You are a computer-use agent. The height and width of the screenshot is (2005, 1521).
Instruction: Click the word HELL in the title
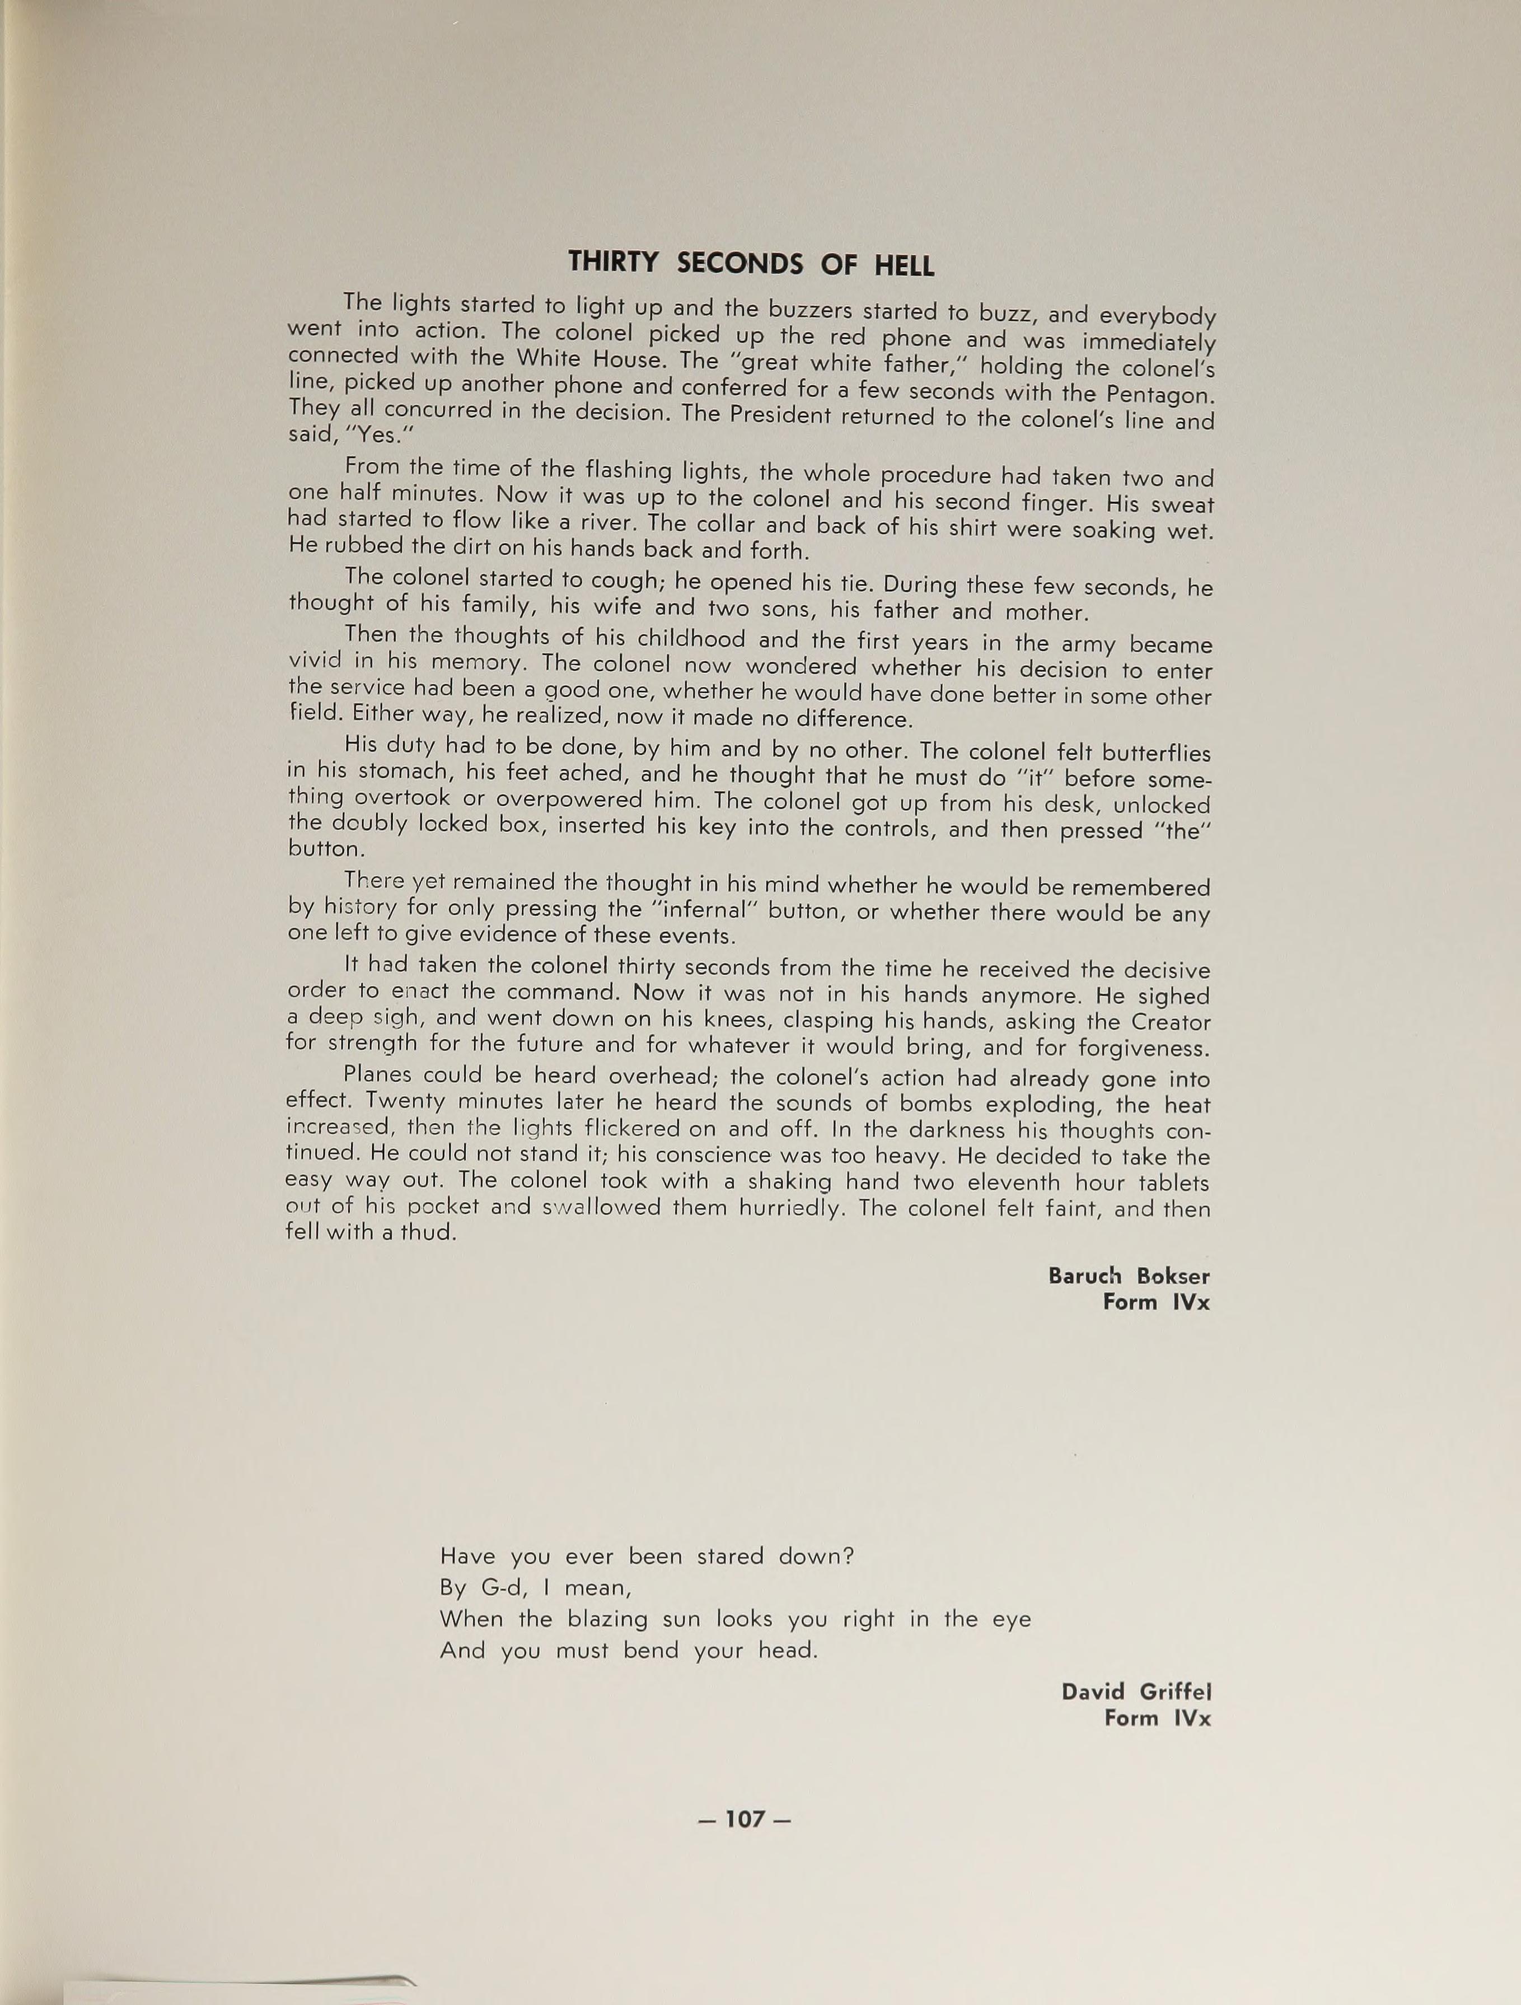tap(904, 265)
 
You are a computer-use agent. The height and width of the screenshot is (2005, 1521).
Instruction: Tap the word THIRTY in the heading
tap(614, 262)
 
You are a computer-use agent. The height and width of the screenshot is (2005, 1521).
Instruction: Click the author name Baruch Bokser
tap(1129, 1275)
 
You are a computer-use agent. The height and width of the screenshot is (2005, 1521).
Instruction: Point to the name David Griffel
tap(1136, 1691)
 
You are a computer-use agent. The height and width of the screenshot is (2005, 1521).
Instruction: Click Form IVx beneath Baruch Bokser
tap(1155, 1302)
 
